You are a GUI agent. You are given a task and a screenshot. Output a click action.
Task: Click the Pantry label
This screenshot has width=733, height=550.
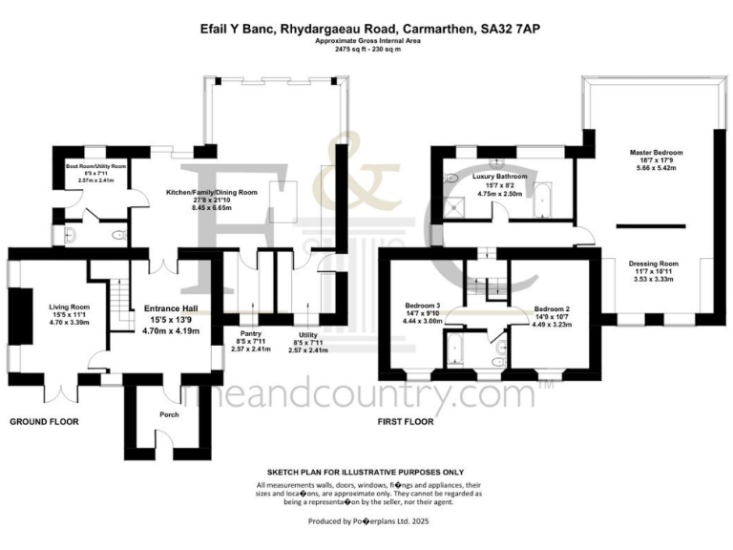[250, 333]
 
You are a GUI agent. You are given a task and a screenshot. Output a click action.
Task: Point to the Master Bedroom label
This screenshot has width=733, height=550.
[656, 152]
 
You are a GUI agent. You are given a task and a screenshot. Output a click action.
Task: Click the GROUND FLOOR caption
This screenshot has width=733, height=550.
[45, 421]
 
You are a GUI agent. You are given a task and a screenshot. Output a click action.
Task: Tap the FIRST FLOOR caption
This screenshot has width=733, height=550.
[407, 421]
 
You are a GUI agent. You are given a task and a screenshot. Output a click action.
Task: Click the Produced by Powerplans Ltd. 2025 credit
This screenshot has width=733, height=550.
[366, 522]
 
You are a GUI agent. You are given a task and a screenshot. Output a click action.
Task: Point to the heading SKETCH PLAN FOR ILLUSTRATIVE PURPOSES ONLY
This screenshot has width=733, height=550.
[366, 472]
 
